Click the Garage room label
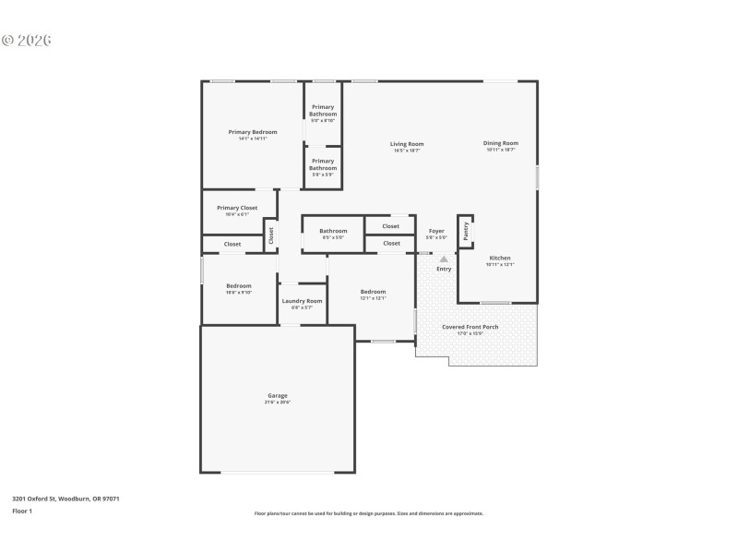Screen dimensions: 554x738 [x=278, y=395]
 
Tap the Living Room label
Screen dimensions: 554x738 [x=407, y=144]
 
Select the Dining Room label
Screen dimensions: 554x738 [x=501, y=143]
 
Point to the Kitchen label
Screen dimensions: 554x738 [x=500, y=259]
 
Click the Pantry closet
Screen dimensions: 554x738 [x=466, y=231]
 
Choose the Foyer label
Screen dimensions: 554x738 [x=436, y=231]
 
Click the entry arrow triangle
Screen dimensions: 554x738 [x=444, y=259]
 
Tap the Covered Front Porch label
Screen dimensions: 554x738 [x=470, y=327]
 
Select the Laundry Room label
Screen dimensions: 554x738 [x=302, y=301]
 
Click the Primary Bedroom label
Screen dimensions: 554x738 [x=253, y=132]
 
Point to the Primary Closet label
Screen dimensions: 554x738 [x=237, y=208]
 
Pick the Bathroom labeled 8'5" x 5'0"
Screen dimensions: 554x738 [x=333, y=231]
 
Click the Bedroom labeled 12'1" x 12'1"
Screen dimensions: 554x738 [x=373, y=293]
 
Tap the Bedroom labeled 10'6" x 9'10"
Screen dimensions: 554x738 [x=239, y=286]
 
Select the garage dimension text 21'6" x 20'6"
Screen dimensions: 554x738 [x=278, y=403]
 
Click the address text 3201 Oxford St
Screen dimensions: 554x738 [x=65, y=499]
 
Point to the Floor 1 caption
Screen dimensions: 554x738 [x=22, y=511]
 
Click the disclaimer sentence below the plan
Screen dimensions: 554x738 [x=368, y=513]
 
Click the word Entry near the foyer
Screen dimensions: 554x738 [x=444, y=269]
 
